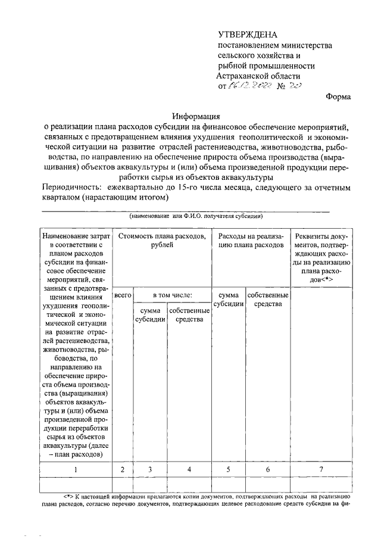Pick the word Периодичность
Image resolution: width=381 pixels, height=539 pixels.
70,188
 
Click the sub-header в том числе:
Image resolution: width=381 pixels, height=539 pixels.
172,295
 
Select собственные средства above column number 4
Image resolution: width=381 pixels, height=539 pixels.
189,314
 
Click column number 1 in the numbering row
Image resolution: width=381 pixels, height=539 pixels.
75,470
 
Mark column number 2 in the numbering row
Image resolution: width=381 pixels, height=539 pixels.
122,470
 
